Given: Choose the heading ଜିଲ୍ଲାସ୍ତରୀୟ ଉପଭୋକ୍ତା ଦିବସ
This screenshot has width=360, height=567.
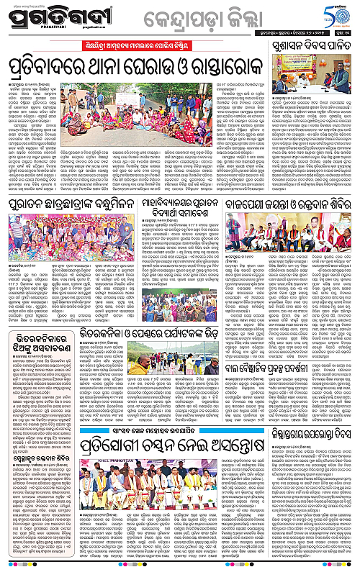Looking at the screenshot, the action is pyautogui.click(x=312, y=434).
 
